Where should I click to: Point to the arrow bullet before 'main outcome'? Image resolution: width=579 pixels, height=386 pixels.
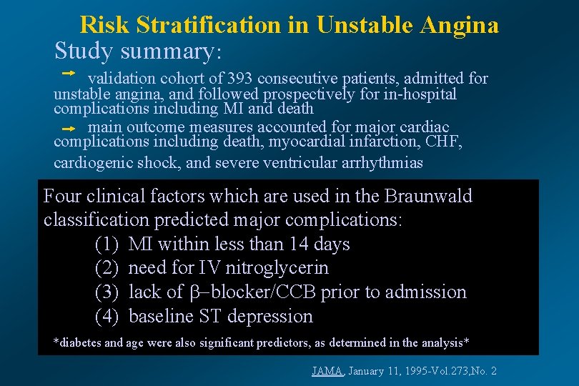click(x=68, y=129)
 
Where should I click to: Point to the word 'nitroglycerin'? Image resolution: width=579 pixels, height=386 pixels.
click(x=277, y=268)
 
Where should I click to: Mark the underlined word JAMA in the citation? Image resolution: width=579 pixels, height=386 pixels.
click(x=328, y=371)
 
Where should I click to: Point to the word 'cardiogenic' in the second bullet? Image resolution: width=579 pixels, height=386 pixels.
click(x=89, y=162)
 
